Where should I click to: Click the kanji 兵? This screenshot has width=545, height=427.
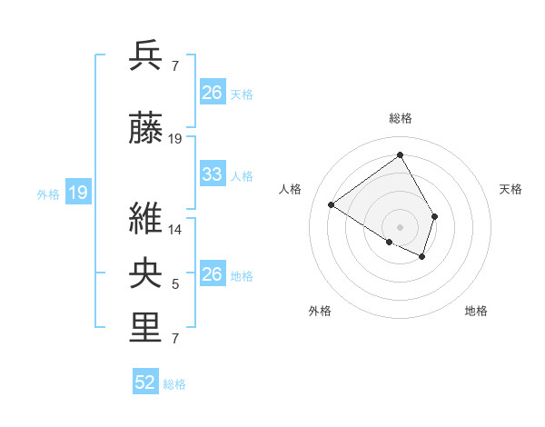pyautogui.click(x=146, y=56)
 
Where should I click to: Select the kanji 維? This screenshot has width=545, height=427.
pyautogui.click(x=146, y=218)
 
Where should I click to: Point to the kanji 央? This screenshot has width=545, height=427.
pyautogui.click(x=146, y=273)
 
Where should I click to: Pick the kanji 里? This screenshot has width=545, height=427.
pyautogui.click(x=146, y=328)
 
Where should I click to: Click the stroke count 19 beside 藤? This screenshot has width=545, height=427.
pyautogui.click(x=175, y=139)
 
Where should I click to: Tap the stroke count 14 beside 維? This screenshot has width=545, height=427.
pyautogui.click(x=175, y=229)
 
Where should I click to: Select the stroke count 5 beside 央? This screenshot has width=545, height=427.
pyautogui.click(x=175, y=284)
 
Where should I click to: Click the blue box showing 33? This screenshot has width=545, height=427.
pyautogui.click(x=213, y=174)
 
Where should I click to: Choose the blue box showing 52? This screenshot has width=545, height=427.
pyautogui.click(x=145, y=383)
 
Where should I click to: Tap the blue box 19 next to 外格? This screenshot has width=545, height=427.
pyautogui.click(x=78, y=193)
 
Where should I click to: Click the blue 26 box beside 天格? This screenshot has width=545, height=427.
pyautogui.click(x=213, y=93)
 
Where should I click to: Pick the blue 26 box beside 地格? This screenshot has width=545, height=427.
pyautogui.click(x=213, y=274)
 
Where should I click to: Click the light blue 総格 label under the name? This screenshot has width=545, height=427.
pyautogui.click(x=174, y=384)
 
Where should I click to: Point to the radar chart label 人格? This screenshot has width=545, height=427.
pyautogui.click(x=290, y=189)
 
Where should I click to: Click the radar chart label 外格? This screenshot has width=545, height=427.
pyautogui.click(x=320, y=311)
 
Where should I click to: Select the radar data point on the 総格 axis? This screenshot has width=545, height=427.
pyautogui.click(x=400, y=154)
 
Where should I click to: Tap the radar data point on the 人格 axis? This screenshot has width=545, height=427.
pyautogui.click(x=332, y=204)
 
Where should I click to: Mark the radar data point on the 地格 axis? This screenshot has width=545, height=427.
pyautogui.click(x=422, y=257)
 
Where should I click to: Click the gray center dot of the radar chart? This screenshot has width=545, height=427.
pyautogui.click(x=400, y=226)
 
